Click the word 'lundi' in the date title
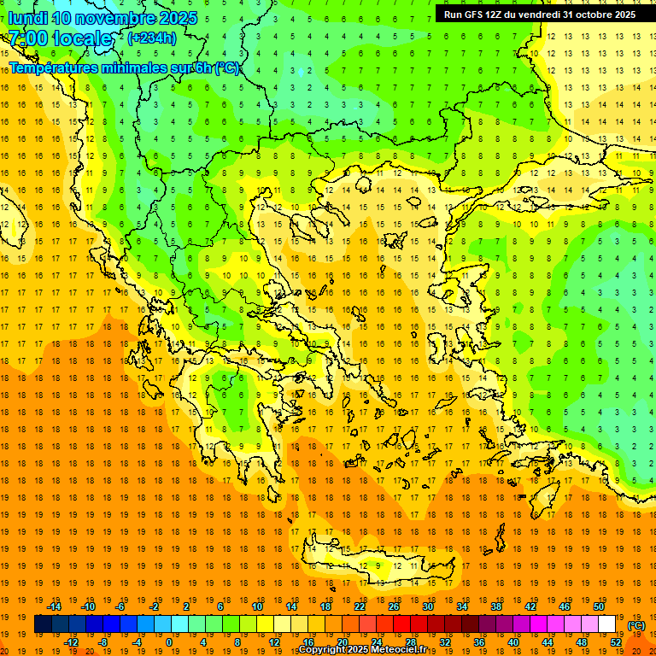pos(27,18)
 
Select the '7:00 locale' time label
pos(60,38)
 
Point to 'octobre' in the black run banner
pos(588,15)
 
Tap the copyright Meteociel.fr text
pos(362,650)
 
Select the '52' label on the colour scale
pos(616,642)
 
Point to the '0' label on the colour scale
pos(168,642)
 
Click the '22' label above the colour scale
pos(360,606)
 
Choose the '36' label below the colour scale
pos(479,642)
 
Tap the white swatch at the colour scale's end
pos(606,624)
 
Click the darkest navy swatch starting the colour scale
pos(43,624)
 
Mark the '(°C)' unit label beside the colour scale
pos(636,625)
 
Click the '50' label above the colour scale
pos(599,606)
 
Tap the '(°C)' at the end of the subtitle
pos(226,67)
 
